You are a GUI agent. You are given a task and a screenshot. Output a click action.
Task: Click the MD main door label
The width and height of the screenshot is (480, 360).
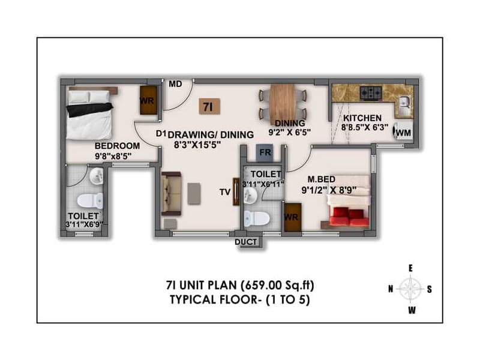coord(175,84)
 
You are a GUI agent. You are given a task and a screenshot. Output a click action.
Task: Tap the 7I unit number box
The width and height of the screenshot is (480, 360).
coord(209,106)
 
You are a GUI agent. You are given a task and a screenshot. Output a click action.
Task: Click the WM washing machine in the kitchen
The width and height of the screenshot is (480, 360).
coord(404,133)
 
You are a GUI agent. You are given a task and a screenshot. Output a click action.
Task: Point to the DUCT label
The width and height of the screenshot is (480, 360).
coord(246,242)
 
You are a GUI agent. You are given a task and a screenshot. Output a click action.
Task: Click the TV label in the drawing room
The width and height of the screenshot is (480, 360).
coord(225,193)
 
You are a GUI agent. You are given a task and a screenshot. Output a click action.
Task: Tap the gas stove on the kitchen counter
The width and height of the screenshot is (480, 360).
coord(371,93)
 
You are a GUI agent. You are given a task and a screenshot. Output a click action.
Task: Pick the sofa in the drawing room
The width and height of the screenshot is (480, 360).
coord(170,193)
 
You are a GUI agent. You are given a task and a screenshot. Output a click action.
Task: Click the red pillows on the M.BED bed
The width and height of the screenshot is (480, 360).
coord(350,214)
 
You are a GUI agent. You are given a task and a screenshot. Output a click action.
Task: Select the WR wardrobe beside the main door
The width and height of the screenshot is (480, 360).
coord(148,100)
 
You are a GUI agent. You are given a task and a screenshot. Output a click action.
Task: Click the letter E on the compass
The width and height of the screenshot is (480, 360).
coord(411,268)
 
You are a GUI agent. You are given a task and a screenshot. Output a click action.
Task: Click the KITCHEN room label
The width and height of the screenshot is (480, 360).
coord(362,118)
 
